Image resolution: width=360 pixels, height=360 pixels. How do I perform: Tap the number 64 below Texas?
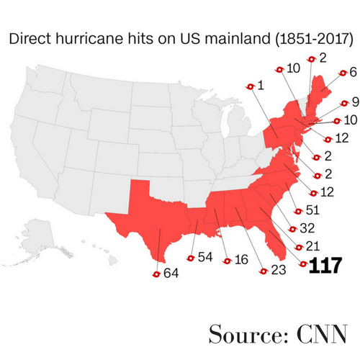click(171, 273)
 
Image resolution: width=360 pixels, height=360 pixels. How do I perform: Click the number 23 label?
click(278, 272)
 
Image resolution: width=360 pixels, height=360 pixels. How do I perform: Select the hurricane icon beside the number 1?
click(251, 86)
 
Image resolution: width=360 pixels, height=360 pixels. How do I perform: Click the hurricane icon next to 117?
click(302, 266)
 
